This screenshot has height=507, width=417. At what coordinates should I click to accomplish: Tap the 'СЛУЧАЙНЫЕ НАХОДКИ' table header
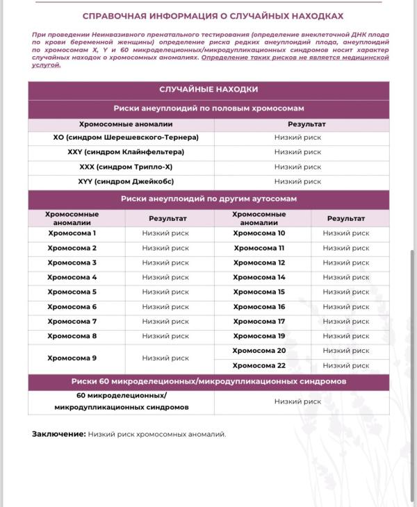click(x=208, y=90)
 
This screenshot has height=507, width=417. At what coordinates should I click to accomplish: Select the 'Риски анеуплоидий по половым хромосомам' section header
click(x=208, y=108)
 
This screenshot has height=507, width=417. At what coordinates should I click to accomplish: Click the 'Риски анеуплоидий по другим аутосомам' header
click(x=208, y=199)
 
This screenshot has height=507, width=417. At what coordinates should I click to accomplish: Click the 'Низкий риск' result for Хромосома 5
click(x=165, y=292)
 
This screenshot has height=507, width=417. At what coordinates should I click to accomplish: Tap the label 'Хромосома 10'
click(x=259, y=233)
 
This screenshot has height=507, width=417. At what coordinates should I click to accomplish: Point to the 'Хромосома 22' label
click(x=259, y=365)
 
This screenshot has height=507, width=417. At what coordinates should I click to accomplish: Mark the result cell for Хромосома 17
click(x=346, y=322)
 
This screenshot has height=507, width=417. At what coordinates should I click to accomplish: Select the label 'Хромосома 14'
click(x=259, y=277)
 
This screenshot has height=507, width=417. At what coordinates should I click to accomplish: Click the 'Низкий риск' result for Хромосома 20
click(x=346, y=351)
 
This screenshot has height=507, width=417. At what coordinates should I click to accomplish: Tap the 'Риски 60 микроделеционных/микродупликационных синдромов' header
click(x=208, y=382)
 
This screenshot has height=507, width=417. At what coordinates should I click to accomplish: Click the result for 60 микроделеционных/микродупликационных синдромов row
click(x=297, y=401)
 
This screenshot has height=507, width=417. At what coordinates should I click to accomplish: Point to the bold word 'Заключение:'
click(x=59, y=434)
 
